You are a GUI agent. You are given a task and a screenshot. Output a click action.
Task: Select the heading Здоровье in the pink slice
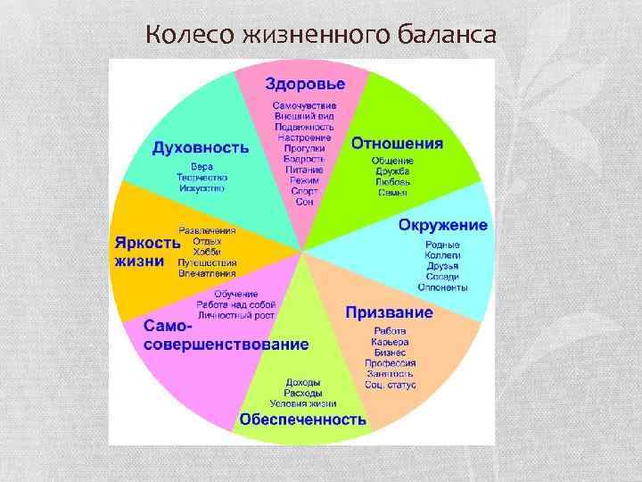click(304, 84)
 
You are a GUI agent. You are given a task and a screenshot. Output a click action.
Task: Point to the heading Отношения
click(397, 144)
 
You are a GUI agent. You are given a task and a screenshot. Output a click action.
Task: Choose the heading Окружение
click(442, 225)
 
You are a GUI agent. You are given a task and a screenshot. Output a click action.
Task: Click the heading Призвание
click(389, 313)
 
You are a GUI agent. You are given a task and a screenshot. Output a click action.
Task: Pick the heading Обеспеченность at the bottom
click(302, 419)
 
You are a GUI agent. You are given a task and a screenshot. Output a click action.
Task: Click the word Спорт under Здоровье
click(304, 191)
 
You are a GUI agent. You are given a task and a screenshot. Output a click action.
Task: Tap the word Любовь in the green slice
click(393, 181)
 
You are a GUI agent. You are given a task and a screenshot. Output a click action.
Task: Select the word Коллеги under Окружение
click(442, 255)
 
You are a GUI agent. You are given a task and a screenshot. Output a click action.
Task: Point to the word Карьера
click(390, 342)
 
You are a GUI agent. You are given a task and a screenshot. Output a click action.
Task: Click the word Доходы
click(303, 382)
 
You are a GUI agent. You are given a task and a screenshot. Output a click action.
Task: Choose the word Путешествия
click(208, 262)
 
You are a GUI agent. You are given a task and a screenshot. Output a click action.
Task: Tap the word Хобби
click(206, 252)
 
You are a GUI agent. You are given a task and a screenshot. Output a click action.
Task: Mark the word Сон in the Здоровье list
click(304, 202)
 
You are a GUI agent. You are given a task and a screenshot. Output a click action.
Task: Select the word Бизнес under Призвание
click(390, 353)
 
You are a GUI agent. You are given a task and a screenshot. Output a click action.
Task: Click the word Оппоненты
click(442, 287)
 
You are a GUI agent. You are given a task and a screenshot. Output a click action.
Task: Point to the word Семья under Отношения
click(393, 192)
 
